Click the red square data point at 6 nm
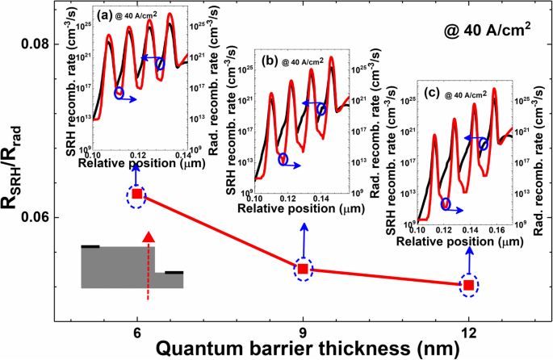click(137, 195)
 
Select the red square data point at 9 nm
click(303, 269)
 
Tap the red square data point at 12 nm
click(468, 285)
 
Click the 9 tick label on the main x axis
click(303, 333)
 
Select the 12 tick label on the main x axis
click(468, 333)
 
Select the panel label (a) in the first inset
click(104, 15)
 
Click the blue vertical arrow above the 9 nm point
click(303, 239)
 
